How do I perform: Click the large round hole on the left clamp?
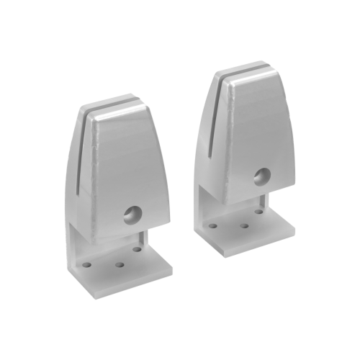click(132, 212)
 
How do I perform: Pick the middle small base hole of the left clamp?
click(120, 263)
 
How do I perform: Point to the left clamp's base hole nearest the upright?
click(137, 249)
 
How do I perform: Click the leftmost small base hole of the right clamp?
click(213, 226)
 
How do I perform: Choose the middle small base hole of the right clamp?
click(244, 225)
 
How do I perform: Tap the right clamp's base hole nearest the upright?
click(258, 212)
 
